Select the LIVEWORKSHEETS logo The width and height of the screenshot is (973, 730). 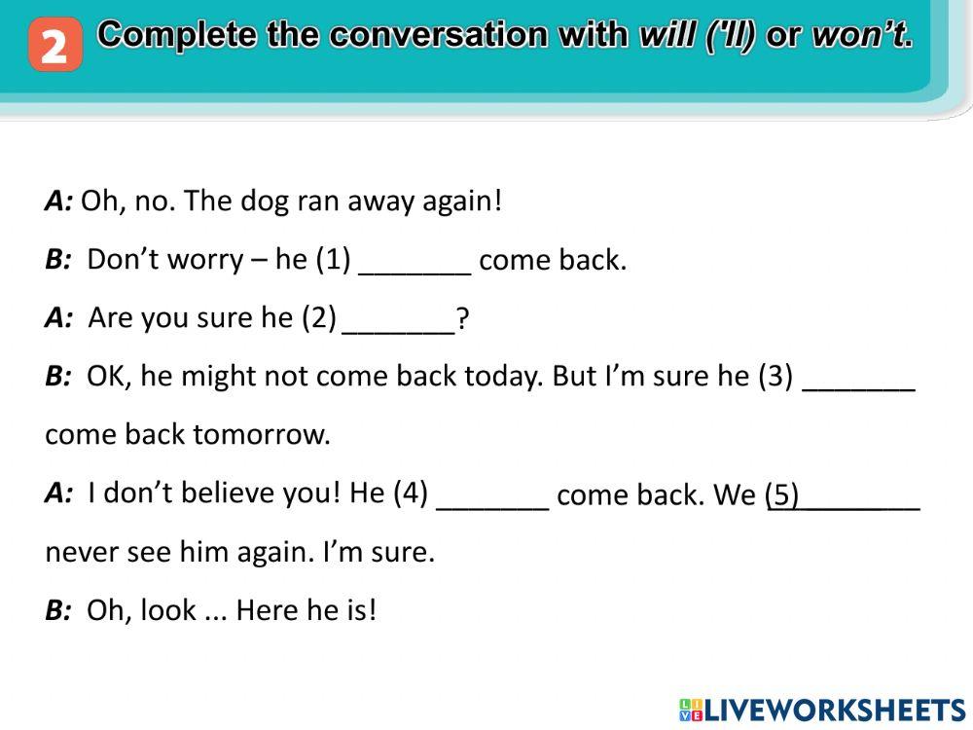822,710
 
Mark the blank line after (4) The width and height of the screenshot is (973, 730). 493,497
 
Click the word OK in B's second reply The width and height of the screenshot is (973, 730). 106,377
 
